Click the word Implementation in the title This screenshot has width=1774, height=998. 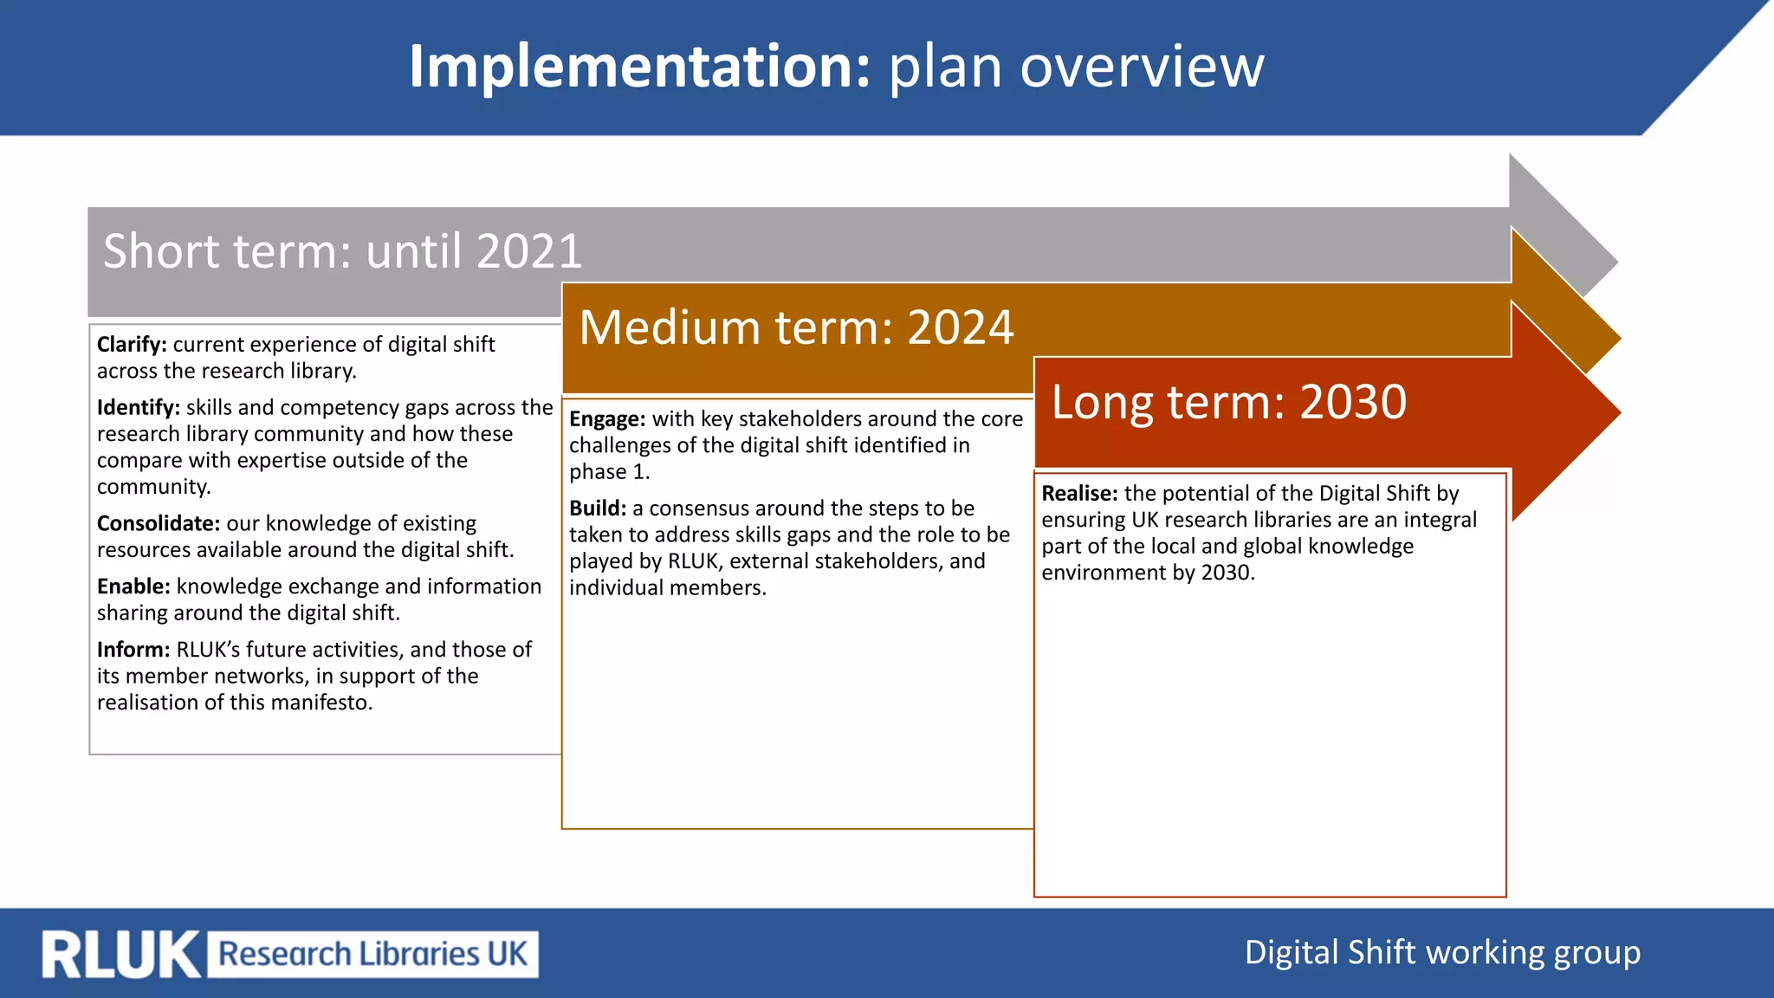click(x=638, y=67)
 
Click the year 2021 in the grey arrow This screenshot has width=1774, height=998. click(x=528, y=252)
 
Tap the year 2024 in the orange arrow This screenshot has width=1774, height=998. click(x=960, y=328)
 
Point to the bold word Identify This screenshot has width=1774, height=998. click(x=138, y=408)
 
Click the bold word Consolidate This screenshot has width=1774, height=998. click(x=158, y=524)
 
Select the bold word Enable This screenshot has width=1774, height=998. click(x=133, y=587)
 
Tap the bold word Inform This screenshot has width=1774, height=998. click(x=133, y=651)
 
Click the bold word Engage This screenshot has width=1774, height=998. click(x=606, y=420)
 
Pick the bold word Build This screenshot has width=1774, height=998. click(x=597, y=509)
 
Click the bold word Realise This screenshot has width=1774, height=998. click(x=1079, y=494)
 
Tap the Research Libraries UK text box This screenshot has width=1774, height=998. click(x=372, y=955)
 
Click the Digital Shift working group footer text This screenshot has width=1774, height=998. click(x=1442, y=953)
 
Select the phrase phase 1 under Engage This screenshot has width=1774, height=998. click(x=609, y=472)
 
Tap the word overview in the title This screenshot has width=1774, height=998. click(x=1142, y=67)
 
